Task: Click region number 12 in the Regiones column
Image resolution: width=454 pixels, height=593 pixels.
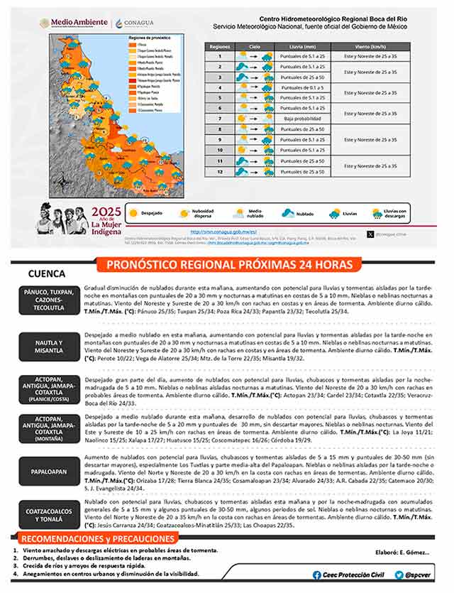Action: coord(221,171)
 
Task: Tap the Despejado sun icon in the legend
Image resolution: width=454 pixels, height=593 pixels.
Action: coord(132,212)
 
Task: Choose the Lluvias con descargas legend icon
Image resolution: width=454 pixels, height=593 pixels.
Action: coord(377,212)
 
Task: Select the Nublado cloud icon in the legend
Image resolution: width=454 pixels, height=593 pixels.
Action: coord(288,212)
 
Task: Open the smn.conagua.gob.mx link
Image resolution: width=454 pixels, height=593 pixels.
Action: coord(218,232)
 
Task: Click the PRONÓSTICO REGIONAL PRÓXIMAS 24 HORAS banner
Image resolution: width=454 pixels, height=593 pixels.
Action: coord(228,265)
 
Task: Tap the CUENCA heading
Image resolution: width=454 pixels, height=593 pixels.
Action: coord(47,273)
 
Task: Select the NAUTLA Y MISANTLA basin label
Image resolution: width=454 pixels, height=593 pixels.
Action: coord(49,346)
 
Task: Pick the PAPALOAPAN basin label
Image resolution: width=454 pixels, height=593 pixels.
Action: coord(49,471)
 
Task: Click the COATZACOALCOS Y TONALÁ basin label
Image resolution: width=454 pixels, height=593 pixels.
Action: coord(49,513)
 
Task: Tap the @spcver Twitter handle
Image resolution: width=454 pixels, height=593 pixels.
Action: coord(414,575)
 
